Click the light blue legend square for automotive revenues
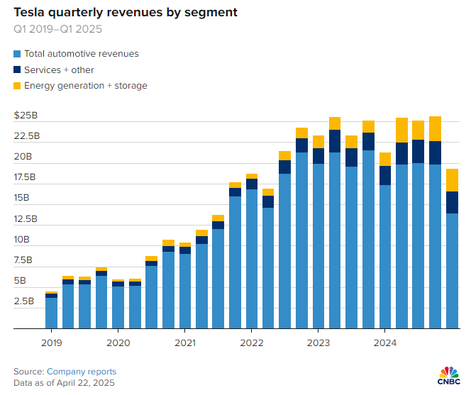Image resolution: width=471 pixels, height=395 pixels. coord(17,54)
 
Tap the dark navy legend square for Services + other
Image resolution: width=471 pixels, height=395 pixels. coord(17,70)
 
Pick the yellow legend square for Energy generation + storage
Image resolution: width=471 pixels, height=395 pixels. coord(17,86)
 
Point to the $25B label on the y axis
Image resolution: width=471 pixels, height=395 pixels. coord(27,115)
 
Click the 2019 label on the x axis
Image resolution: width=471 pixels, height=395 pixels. coord(51,342)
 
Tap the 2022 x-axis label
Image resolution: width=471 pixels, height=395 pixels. coord(251,342)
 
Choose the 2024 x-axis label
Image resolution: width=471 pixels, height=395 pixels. coord(384,342)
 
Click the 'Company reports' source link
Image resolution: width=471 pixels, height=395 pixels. coord(82,372)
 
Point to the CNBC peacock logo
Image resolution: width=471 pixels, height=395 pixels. coord(448,374)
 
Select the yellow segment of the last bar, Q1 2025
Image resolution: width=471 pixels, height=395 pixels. coord(451,180)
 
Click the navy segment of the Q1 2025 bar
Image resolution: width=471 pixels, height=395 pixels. coord(451,202)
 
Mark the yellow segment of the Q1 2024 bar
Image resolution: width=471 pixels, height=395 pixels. coord(384,159)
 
